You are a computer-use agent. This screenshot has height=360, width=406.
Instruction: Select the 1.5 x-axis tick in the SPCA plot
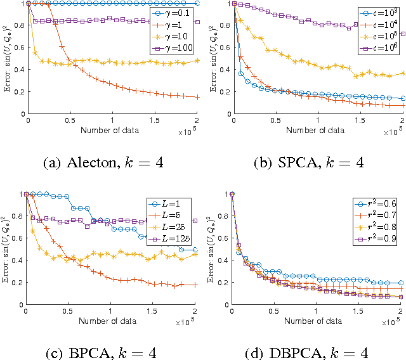(360, 120)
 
